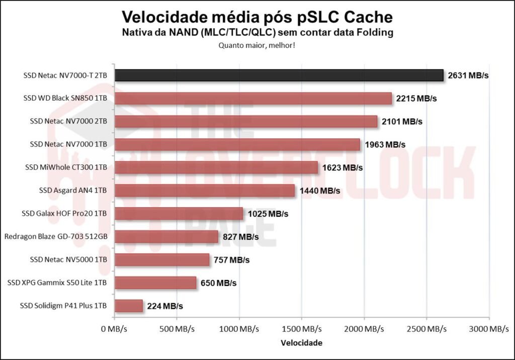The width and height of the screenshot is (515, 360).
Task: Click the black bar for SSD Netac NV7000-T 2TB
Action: (x=279, y=75)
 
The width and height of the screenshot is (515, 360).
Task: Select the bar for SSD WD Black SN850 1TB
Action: (x=253, y=99)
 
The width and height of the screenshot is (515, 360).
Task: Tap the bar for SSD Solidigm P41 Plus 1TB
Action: (x=129, y=306)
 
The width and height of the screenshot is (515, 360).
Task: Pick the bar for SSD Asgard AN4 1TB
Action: (x=205, y=191)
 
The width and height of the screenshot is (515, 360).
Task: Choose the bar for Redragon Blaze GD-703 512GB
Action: (x=166, y=236)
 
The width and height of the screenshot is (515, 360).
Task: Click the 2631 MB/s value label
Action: (x=468, y=75)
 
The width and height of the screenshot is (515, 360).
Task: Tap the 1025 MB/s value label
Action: (x=268, y=214)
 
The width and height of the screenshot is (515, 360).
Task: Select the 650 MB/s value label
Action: (x=218, y=283)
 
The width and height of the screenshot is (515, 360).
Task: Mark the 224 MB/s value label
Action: (x=164, y=306)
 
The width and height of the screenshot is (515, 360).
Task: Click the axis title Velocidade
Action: (x=302, y=343)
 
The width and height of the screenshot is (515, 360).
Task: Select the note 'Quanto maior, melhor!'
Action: (x=257, y=45)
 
